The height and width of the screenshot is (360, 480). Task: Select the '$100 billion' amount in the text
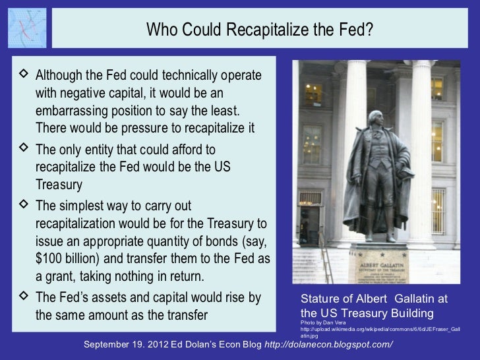(x=67, y=256)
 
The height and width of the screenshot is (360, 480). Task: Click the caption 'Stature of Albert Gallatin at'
(x=373, y=299)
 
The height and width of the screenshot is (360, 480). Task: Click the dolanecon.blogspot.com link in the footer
(x=328, y=345)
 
